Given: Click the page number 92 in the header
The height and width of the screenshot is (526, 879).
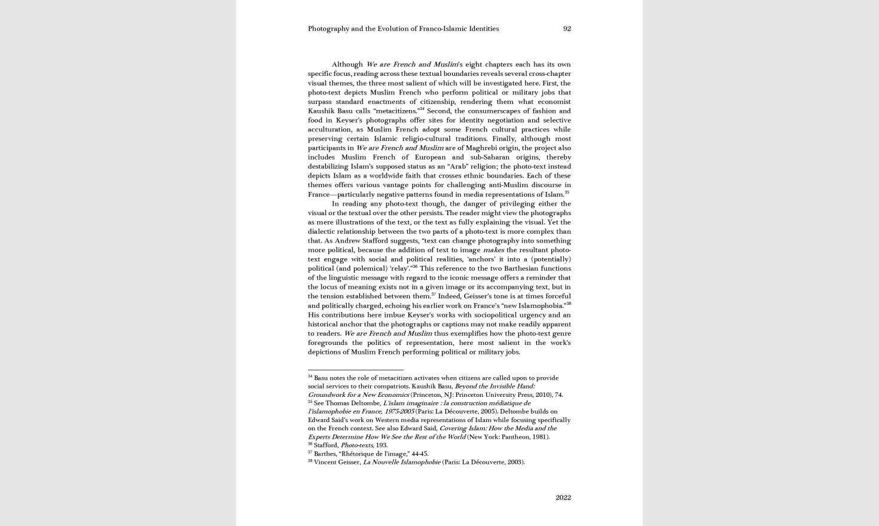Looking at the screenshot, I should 567,29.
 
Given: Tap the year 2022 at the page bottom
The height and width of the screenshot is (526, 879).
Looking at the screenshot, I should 563,497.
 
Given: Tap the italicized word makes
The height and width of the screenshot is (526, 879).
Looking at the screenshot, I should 493,250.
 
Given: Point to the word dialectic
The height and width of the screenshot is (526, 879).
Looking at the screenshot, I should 323,231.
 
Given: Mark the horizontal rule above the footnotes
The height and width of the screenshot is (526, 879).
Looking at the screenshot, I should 355,370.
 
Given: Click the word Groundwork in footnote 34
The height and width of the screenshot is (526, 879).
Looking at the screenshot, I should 326,395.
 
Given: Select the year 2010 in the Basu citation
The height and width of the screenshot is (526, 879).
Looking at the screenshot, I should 542,395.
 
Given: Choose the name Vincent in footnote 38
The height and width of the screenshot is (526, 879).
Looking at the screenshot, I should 325,462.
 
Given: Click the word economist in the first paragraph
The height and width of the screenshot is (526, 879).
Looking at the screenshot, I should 554,102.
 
